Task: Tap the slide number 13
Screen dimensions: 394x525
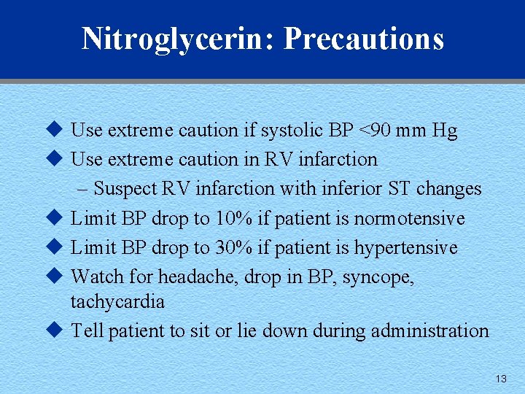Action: pos(500,379)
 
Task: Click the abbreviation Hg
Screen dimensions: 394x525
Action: pos(444,131)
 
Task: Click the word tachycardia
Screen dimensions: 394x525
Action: pos(117,301)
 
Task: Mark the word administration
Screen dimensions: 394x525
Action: pos(429,331)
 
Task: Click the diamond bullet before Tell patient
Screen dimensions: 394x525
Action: pos(51,330)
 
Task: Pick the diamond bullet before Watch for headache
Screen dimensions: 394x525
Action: pos(51,277)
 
